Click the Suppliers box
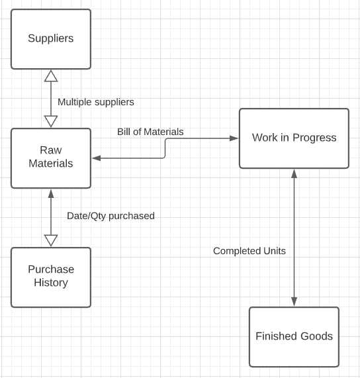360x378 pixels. coord(50,38)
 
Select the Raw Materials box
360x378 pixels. coord(50,157)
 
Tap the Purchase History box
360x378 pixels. coord(50,276)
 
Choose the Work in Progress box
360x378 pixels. coord(294,138)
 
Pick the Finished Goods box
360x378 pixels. coord(294,336)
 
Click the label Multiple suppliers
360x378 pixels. coord(95,102)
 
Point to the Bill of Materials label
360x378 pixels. coord(150,132)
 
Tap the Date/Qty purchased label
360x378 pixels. coord(111,216)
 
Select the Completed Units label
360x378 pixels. coord(249,251)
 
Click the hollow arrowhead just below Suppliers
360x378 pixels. coord(51,75)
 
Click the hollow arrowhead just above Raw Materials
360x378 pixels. coord(51,121)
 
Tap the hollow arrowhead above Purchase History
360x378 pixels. coord(51,240)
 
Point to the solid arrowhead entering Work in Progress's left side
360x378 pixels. coord(234,138)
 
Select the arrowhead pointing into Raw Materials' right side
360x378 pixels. coord(96,158)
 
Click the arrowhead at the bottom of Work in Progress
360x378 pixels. coord(294,173)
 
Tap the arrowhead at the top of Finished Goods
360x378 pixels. coord(294,302)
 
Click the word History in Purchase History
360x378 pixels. coord(51,283)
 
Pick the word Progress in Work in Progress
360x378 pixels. coord(314,138)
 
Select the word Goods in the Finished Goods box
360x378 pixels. coord(318,336)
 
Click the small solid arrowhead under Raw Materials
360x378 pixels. coord(51,193)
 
